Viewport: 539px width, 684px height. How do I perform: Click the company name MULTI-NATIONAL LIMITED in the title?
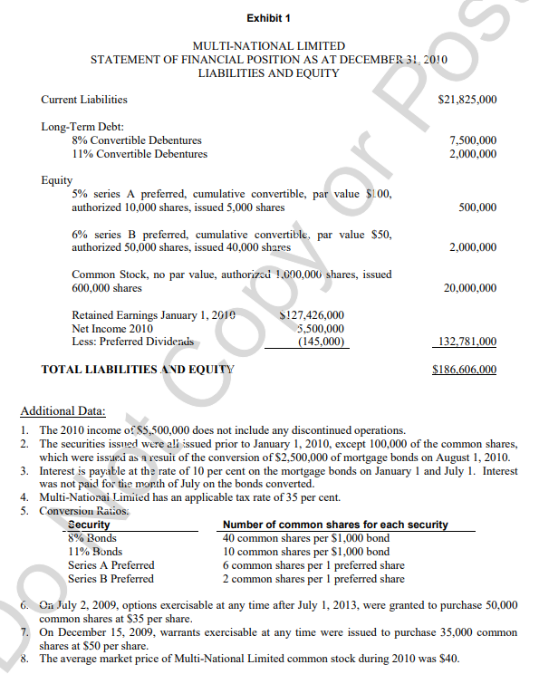[x=269, y=45]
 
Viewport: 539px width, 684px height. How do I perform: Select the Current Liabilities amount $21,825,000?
[x=467, y=99]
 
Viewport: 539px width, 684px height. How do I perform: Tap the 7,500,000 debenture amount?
[x=473, y=140]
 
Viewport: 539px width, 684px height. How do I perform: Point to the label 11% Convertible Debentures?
[x=139, y=154]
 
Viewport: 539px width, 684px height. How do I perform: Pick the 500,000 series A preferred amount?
[x=477, y=207]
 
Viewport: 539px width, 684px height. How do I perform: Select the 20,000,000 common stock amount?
[x=469, y=288]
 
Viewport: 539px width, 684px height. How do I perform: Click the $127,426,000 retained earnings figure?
[x=313, y=315]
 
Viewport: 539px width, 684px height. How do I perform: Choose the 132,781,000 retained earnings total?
[x=467, y=342]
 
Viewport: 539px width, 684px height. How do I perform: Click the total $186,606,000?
[x=467, y=370]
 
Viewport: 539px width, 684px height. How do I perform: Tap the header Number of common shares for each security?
[x=335, y=525]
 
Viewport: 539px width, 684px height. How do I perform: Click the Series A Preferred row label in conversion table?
[x=111, y=565]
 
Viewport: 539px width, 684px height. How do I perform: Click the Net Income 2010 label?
[x=111, y=328]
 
